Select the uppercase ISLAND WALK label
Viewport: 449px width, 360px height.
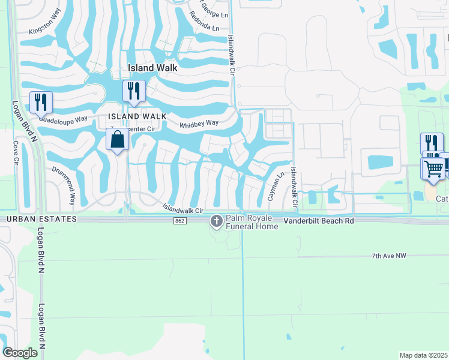click(x=133, y=116)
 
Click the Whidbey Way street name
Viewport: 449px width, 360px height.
click(x=199, y=124)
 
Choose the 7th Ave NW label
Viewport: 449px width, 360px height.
click(x=388, y=256)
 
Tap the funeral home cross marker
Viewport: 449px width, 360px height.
click(x=216, y=222)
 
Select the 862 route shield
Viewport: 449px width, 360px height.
click(x=180, y=221)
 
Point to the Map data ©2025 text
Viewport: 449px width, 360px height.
click(x=423, y=355)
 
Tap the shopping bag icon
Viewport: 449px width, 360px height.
click(x=118, y=139)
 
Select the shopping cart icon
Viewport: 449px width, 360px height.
click(x=433, y=168)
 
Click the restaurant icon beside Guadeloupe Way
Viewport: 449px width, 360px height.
click(x=41, y=102)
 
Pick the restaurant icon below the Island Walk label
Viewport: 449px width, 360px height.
click(x=134, y=91)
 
